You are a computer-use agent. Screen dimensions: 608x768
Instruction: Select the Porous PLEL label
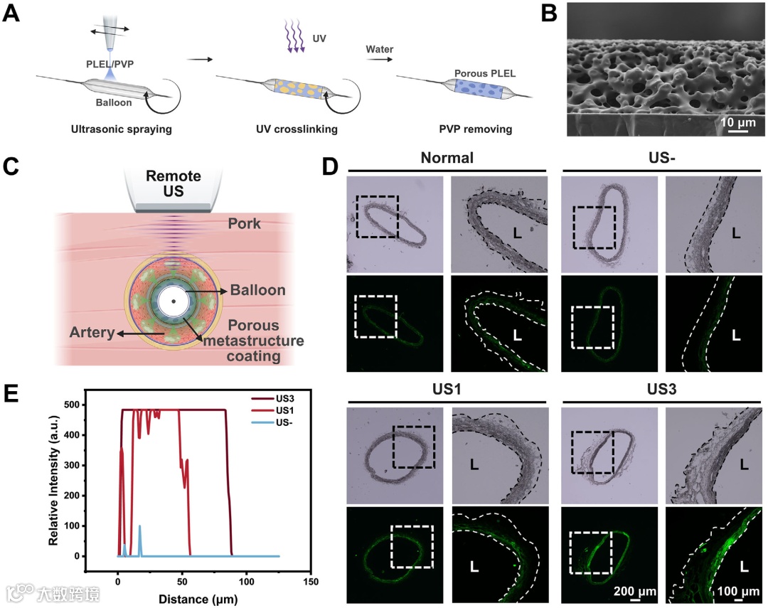[x=479, y=73]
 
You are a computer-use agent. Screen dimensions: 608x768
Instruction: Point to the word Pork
[x=245, y=225]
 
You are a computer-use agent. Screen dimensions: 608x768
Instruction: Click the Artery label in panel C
[x=92, y=331]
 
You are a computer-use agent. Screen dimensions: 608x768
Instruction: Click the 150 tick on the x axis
[x=310, y=582]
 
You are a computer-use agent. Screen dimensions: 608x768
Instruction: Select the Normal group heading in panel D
[x=446, y=157]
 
